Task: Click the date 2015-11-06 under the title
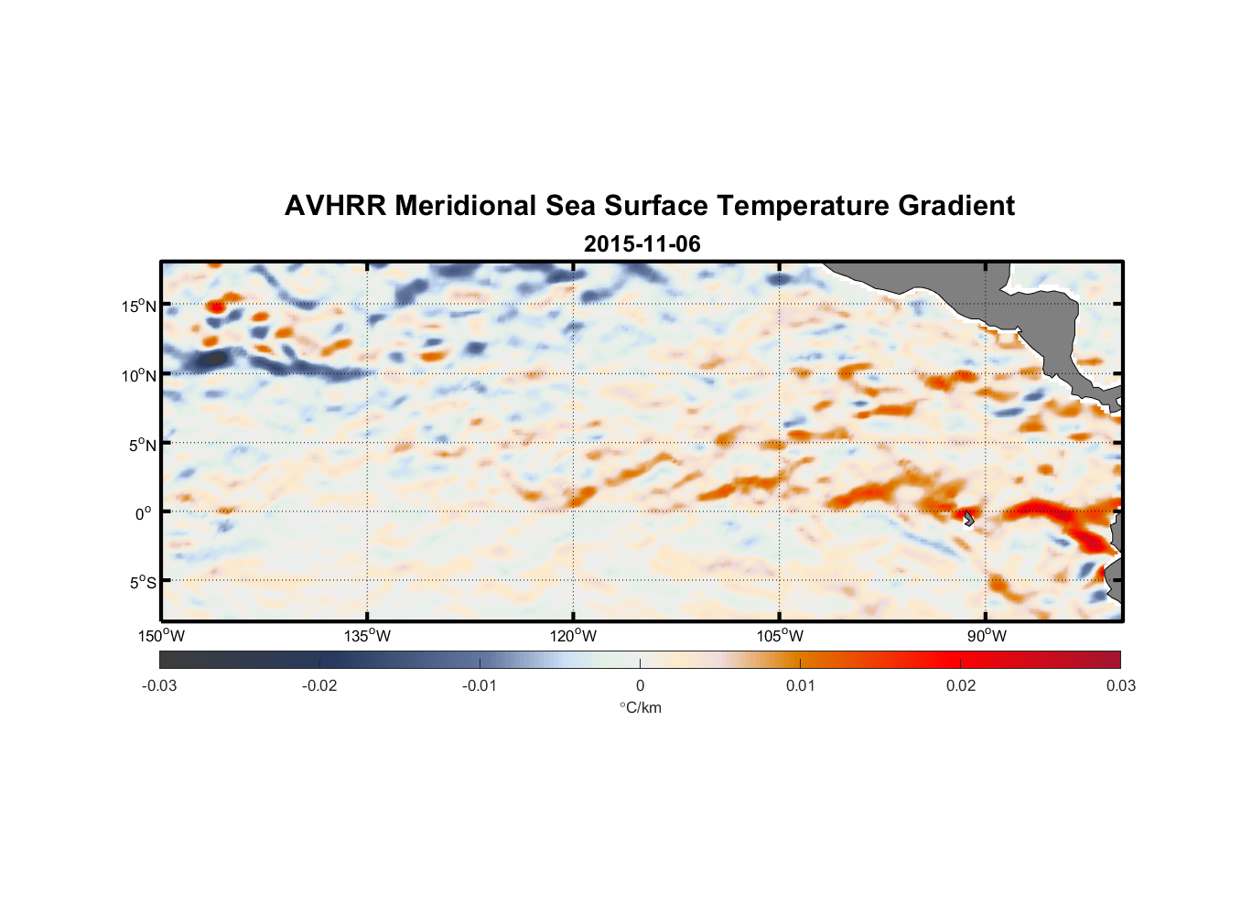tap(642, 244)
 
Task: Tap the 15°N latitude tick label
tap(138, 306)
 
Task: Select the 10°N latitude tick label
tap(138, 375)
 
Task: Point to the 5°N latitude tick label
tap(141, 445)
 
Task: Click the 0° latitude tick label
tap(144, 513)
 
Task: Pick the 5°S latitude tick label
tap(141, 582)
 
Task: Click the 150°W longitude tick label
tap(161, 636)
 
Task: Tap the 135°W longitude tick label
tap(367, 636)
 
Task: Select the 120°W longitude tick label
tap(573, 636)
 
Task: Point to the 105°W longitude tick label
tap(780, 636)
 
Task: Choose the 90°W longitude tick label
tap(987, 636)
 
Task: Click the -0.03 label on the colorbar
tap(159, 686)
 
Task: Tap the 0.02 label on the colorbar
tap(961, 686)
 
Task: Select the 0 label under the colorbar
tap(640, 686)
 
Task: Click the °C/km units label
tap(640, 707)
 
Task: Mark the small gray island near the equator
tap(968, 518)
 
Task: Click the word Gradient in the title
tap(956, 206)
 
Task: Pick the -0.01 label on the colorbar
tap(480, 686)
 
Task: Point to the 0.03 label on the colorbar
tap(1120, 686)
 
